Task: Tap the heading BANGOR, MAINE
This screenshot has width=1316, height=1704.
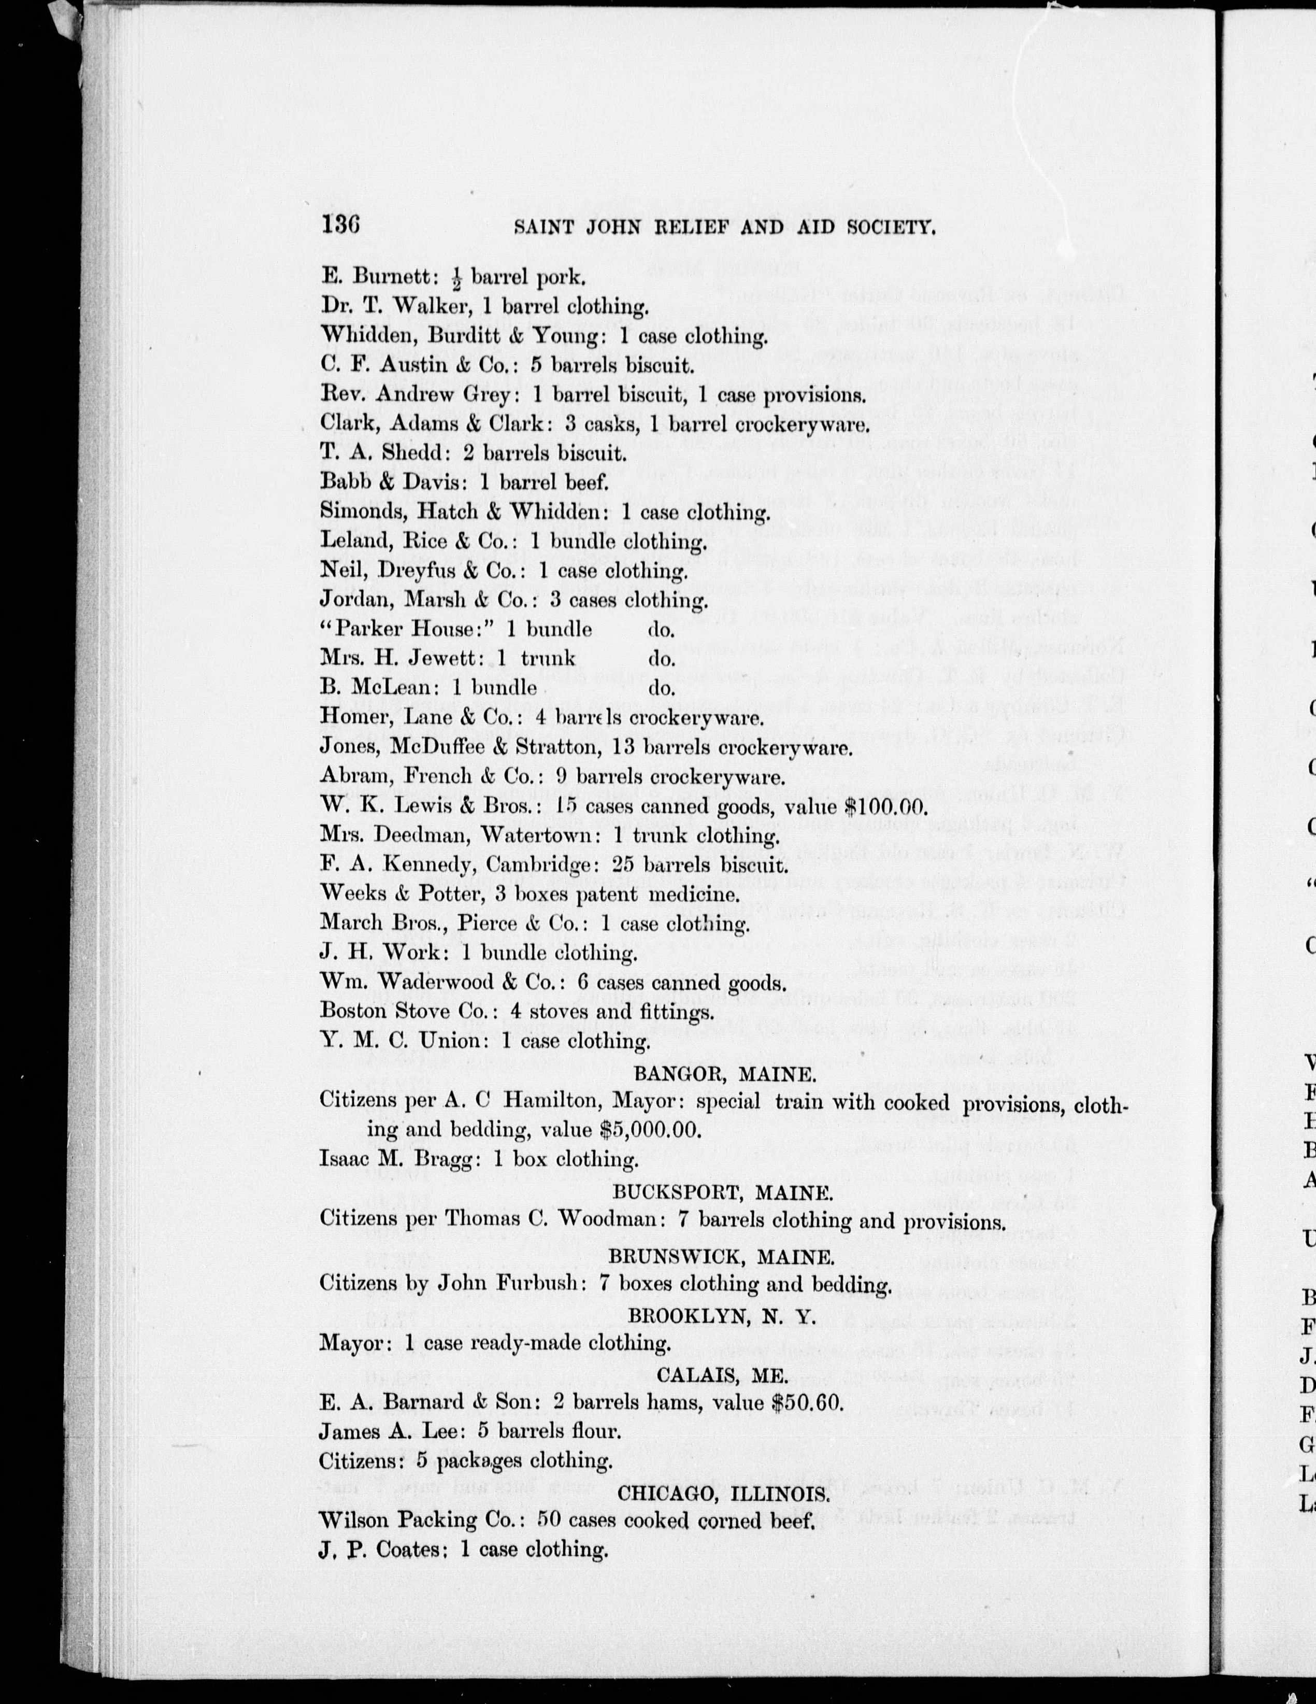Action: pyautogui.click(x=725, y=1075)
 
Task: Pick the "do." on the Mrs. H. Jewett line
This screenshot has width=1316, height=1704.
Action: pyautogui.click(x=662, y=659)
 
